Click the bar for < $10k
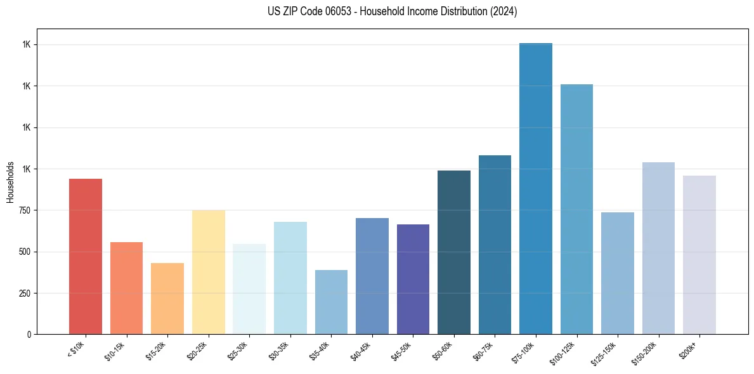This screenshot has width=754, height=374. (85, 257)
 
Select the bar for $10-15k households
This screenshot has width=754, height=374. (126, 288)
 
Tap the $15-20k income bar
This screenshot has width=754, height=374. (167, 299)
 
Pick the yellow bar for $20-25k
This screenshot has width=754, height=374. (208, 272)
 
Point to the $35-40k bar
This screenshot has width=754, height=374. (331, 302)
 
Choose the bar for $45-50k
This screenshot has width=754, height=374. (413, 280)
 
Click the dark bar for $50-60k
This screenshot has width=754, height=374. (454, 252)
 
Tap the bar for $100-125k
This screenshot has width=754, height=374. (576, 209)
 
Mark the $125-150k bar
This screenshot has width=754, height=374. (618, 273)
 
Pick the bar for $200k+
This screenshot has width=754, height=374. (699, 255)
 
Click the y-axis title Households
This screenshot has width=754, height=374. (10, 181)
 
